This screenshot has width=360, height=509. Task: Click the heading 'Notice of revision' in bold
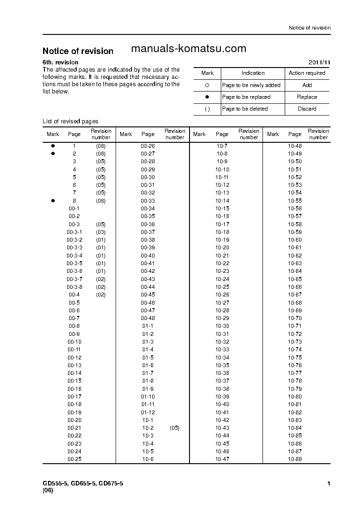click(x=78, y=51)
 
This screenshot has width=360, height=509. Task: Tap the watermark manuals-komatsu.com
click(x=188, y=48)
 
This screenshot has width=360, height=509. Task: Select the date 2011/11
click(x=320, y=62)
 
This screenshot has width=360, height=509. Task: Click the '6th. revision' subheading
click(x=60, y=62)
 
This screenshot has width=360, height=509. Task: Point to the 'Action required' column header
click(x=307, y=73)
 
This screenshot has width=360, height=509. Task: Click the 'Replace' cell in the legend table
click(x=307, y=97)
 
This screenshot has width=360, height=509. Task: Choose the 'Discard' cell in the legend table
click(x=307, y=109)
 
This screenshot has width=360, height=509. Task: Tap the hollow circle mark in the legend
click(x=207, y=85)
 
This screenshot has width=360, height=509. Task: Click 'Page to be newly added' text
click(x=251, y=85)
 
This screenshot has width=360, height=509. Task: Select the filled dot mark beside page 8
click(x=53, y=201)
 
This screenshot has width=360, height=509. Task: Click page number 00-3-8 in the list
click(x=74, y=287)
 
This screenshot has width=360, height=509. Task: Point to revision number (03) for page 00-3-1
click(x=101, y=232)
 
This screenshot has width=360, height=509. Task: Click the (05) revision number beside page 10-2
click(x=175, y=428)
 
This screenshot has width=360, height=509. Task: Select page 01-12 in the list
click(x=148, y=412)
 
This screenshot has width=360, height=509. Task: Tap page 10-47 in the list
click(x=222, y=459)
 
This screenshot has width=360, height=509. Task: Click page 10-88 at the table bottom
click(x=295, y=459)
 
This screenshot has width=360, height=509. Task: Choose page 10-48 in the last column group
click(x=295, y=146)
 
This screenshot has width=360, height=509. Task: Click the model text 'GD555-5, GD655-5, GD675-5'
click(x=83, y=484)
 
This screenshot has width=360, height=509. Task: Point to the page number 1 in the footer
click(x=329, y=484)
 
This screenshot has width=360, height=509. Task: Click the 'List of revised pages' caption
click(x=70, y=121)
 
